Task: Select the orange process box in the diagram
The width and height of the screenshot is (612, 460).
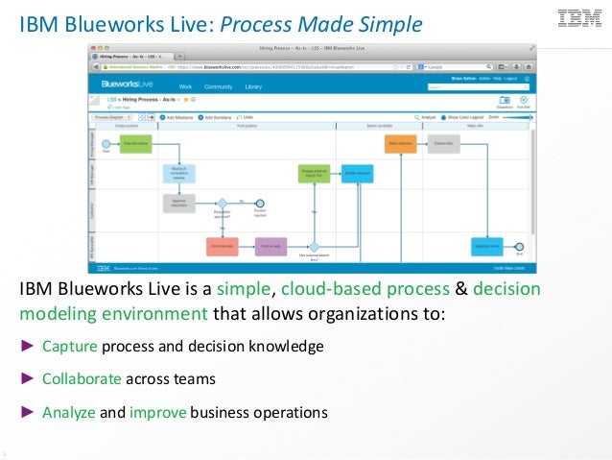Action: (x=399, y=144)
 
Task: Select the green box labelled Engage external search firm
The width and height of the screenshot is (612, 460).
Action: (x=314, y=174)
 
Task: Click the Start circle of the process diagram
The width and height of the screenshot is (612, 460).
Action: (x=106, y=145)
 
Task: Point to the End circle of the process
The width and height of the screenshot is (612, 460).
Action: (x=520, y=247)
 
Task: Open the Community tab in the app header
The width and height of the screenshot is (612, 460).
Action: (x=218, y=86)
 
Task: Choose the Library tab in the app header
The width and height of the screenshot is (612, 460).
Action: (x=253, y=86)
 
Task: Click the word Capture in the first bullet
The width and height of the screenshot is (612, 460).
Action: (x=69, y=347)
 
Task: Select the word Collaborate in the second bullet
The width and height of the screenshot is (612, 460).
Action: (x=82, y=378)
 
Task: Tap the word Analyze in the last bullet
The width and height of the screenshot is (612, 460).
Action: (x=69, y=413)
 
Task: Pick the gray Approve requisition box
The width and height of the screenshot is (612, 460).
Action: (x=179, y=203)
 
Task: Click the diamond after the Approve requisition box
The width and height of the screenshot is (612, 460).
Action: (x=222, y=203)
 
